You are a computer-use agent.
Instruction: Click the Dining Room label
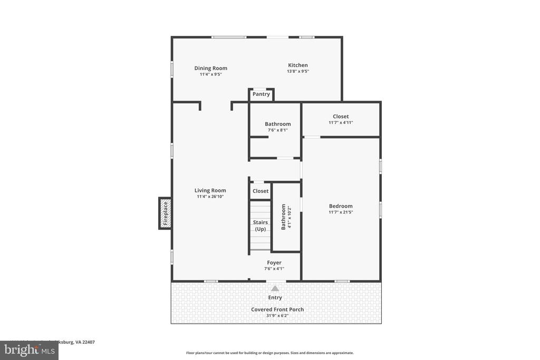210,68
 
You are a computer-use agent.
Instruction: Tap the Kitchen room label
297,65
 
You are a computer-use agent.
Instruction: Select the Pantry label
261,94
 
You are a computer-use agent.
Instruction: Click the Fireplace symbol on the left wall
165,213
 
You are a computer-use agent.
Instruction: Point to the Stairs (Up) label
261,226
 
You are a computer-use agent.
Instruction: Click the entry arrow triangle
275,288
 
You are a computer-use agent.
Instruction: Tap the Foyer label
274,262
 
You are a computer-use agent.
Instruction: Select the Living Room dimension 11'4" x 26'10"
210,197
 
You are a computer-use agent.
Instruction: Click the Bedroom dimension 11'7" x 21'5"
341,212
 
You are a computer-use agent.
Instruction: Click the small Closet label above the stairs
261,191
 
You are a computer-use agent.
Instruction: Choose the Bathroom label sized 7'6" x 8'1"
277,124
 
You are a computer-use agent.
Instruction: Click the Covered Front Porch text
277,309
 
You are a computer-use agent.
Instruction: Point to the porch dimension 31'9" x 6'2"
277,316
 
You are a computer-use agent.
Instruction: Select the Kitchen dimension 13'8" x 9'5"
297,71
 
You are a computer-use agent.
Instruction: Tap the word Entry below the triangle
275,298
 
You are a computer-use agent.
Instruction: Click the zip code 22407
88,342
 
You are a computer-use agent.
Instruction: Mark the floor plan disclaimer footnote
269,353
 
